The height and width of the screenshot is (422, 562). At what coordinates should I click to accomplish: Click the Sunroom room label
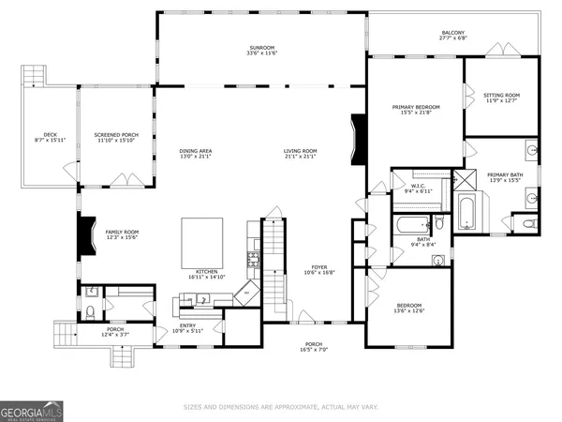(261, 47)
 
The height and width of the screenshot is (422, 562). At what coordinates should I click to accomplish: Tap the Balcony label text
(452, 33)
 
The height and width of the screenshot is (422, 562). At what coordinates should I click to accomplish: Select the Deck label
(51, 134)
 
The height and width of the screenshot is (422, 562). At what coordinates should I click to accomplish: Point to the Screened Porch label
(111, 134)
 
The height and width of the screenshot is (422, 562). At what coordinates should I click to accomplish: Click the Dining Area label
(196, 151)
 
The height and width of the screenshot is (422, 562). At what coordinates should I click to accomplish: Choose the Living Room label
(302, 151)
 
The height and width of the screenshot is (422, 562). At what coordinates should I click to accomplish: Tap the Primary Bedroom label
(416, 107)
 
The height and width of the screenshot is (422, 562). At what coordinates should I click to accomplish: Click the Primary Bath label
(506, 175)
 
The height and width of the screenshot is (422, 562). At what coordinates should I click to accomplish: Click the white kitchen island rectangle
(201, 240)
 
